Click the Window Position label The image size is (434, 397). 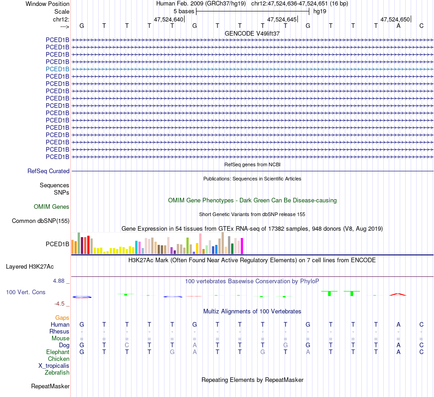[x=48, y=4]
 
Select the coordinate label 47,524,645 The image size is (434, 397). [x=282, y=19]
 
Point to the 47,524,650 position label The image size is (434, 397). [x=395, y=19]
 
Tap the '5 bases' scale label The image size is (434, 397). [x=184, y=11]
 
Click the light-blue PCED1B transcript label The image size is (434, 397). [x=58, y=69]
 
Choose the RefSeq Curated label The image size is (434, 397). [x=48, y=171]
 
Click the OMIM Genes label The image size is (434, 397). [x=52, y=207]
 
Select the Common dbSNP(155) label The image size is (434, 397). [x=41, y=221]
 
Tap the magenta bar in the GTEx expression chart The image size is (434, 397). [x=242, y=246]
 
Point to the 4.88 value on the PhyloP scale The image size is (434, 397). [x=59, y=281]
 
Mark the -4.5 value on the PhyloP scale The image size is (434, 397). [x=60, y=303]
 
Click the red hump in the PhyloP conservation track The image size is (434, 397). [x=397, y=294]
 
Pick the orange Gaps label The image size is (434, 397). [x=62, y=318]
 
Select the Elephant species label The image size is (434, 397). [x=58, y=352]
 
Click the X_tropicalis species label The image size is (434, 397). [x=54, y=366]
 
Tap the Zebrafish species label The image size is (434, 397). [x=57, y=373]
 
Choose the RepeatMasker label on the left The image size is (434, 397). [x=50, y=386]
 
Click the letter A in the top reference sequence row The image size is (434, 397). [x=398, y=26]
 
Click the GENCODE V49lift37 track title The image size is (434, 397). [x=252, y=33]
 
